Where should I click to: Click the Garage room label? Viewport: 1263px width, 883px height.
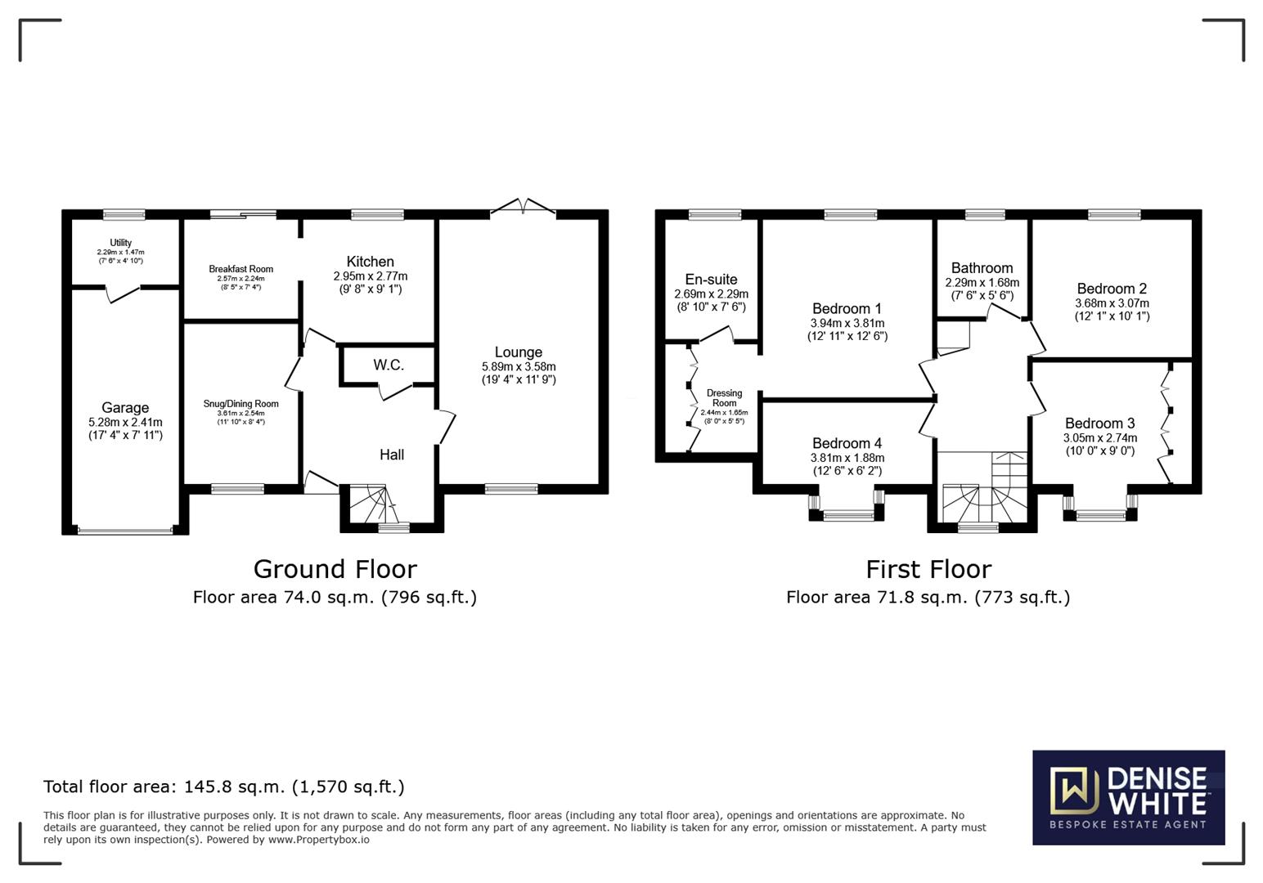(125, 407)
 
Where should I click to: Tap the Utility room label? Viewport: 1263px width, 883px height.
(121, 242)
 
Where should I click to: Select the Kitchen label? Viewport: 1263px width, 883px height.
(370, 262)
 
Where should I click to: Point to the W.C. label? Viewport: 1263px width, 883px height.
(389, 365)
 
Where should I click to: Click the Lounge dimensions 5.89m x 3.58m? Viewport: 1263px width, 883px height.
(519, 366)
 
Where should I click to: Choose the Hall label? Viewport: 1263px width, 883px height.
(392, 455)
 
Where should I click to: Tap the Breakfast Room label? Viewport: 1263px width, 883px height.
(240, 269)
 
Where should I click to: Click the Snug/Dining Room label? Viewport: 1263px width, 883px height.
(240, 403)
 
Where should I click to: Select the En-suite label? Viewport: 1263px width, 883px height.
(711, 280)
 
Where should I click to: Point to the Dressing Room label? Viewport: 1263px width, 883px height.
(725, 398)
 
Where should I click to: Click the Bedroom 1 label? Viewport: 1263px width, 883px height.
(847, 309)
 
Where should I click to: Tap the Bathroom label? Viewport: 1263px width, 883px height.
(982, 268)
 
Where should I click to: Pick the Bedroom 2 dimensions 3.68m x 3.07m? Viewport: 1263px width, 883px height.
(1112, 303)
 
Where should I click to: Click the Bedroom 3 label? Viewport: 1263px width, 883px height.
(1100, 424)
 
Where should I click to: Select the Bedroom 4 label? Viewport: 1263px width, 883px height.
(847, 443)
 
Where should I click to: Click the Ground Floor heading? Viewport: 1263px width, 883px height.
(335, 569)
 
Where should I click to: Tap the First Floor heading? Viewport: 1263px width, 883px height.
(928, 569)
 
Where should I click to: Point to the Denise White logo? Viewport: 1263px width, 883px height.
(1129, 797)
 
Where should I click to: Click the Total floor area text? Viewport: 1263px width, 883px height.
(224, 787)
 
